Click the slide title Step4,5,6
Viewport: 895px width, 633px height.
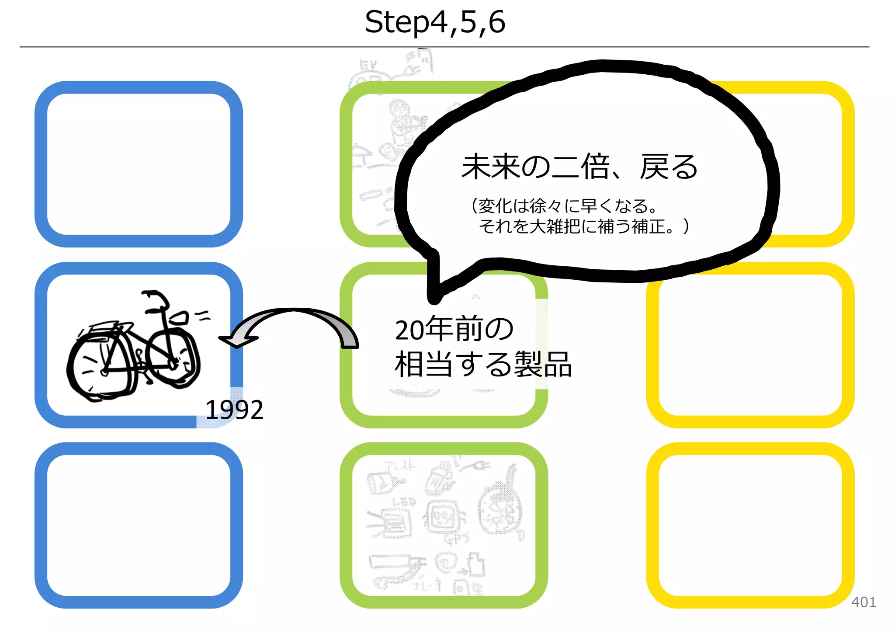(x=435, y=22)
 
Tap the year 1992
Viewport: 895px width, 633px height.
(x=234, y=410)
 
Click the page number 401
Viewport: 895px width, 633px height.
(x=863, y=602)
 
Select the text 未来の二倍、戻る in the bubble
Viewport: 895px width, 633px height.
(x=579, y=167)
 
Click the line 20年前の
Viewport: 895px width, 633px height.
(x=454, y=329)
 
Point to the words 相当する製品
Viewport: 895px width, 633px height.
(x=483, y=364)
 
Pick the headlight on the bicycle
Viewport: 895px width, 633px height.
(x=179, y=318)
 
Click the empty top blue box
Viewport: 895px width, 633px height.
(x=139, y=164)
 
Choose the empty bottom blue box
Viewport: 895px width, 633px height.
(x=139, y=525)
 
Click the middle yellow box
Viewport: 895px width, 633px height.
(x=750, y=345)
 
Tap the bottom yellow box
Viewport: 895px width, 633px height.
(x=750, y=525)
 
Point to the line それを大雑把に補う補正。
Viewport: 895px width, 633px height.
(x=583, y=226)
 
